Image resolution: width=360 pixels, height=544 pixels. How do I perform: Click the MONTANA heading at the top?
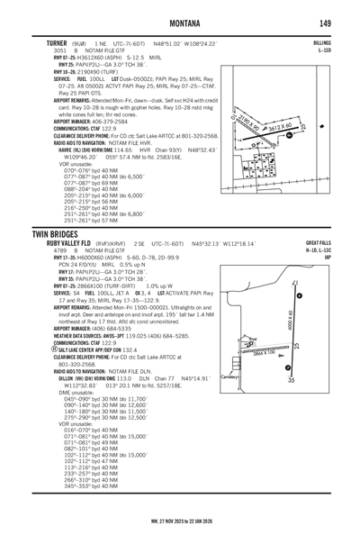pos(179,22)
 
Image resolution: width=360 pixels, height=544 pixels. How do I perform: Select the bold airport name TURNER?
pos(42,41)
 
